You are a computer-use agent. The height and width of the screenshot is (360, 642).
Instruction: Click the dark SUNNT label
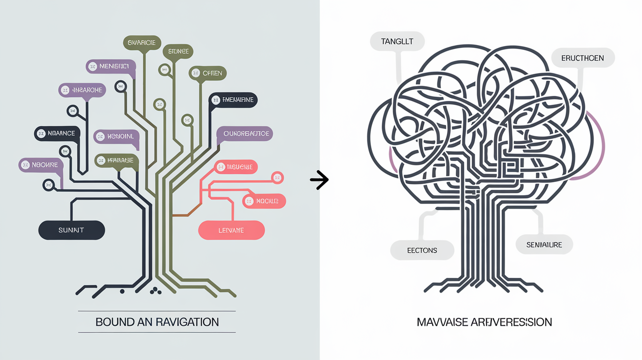pyautogui.click(x=71, y=230)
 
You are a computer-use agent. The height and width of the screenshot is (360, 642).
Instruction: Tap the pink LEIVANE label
pyautogui.click(x=231, y=230)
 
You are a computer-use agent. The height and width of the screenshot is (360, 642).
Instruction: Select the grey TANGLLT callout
pyautogui.click(x=397, y=42)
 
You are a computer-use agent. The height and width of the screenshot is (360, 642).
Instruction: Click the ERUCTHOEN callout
pyautogui.click(x=583, y=58)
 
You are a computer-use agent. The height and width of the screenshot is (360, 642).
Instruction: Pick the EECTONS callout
pyautogui.click(x=422, y=250)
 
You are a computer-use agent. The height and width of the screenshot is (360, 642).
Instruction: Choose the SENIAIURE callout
pyautogui.click(x=544, y=245)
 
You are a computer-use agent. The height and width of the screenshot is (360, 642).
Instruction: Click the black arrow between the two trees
pyautogui.click(x=319, y=180)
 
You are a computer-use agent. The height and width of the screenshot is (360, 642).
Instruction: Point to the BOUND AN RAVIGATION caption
pyautogui.click(x=157, y=322)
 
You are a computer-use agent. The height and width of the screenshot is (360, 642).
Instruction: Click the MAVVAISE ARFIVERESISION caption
pyautogui.click(x=484, y=322)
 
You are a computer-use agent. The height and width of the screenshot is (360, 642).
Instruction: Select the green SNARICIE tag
pyautogui.click(x=142, y=43)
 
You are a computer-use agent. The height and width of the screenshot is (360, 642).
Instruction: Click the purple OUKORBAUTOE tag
pyautogui.click(x=244, y=133)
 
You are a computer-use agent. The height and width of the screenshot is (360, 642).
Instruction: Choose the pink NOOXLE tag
pyautogui.click(x=264, y=201)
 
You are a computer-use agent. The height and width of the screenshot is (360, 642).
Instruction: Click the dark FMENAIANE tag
pyautogui.click(x=233, y=100)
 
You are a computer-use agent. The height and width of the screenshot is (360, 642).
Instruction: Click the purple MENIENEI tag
pyautogui.click(x=110, y=66)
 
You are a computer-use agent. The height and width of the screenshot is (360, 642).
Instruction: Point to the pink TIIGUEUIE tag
pyautogui.click(x=236, y=167)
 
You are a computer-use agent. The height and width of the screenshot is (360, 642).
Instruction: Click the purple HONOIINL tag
pyautogui.click(x=117, y=136)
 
